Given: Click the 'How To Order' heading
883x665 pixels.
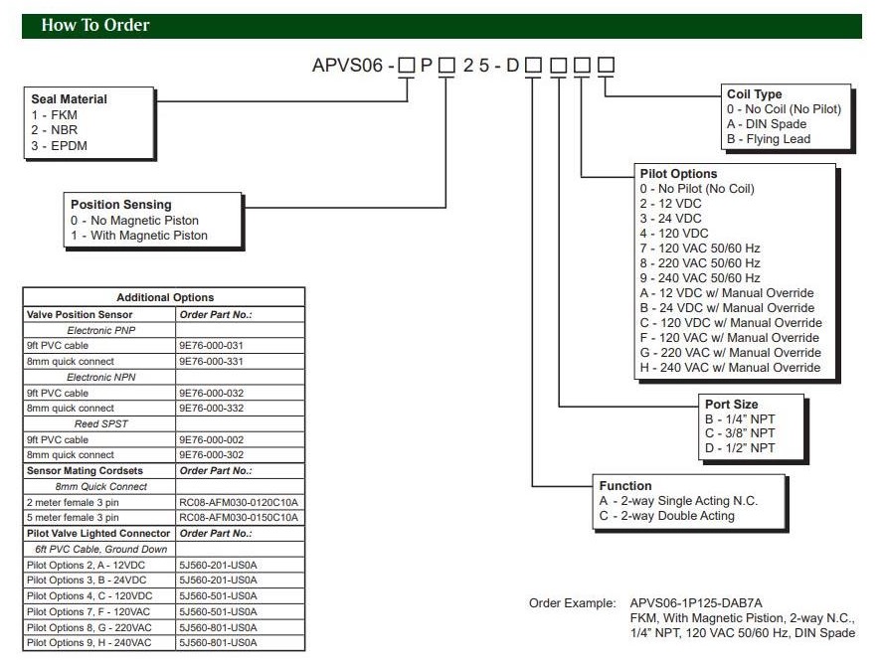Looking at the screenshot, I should click(95, 26).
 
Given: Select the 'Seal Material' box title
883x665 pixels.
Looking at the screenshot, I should click(69, 99).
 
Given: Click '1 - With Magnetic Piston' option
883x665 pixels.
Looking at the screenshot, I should click(139, 236).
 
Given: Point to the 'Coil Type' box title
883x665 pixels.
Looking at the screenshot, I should click(755, 94).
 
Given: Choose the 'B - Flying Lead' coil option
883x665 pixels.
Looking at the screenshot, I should click(769, 139).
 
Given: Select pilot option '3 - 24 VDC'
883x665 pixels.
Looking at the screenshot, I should click(671, 219).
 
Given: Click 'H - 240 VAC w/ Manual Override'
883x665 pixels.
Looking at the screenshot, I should click(731, 368).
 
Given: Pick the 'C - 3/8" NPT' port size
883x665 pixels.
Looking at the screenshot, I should click(739, 434).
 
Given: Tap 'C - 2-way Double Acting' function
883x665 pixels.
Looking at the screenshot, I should click(666, 516).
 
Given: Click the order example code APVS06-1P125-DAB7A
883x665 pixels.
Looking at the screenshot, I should click(696, 603).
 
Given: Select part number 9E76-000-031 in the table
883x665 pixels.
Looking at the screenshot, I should click(212, 345).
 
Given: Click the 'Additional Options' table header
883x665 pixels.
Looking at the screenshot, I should click(165, 297).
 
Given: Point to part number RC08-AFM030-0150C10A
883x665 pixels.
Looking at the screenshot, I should click(240, 517).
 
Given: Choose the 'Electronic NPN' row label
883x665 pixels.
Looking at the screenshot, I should click(100, 376).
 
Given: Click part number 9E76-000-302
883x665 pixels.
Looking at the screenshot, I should click(212, 455).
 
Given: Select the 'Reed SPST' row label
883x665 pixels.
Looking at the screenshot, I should click(100, 423).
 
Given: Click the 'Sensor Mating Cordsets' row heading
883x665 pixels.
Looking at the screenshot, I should click(85, 470).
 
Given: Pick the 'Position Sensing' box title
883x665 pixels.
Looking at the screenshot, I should click(121, 205).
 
